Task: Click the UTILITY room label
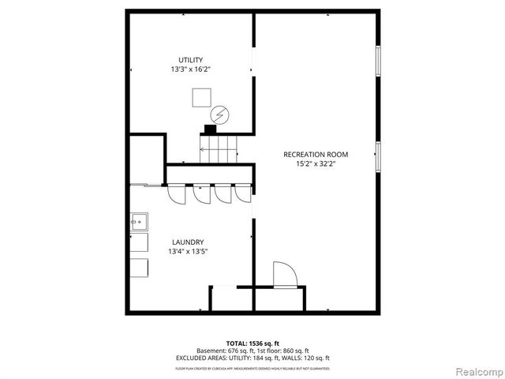click(x=190, y=60)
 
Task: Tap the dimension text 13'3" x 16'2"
click(x=190, y=69)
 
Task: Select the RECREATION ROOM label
click(x=316, y=154)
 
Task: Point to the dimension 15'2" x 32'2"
click(x=316, y=164)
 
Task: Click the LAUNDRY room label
click(x=188, y=242)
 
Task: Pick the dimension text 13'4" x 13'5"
click(x=188, y=252)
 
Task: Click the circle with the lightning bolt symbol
click(x=220, y=114)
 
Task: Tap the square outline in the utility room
click(x=200, y=97)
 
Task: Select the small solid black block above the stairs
click(x=211, y=129)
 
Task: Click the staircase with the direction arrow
click(x=218, y=148)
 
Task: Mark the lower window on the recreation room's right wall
click(x=379, y=156)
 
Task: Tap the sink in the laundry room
click(x=139, y=222)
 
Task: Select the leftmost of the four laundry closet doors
click(x=175, y=194)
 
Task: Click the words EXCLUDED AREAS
click(x=220, y=358)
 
